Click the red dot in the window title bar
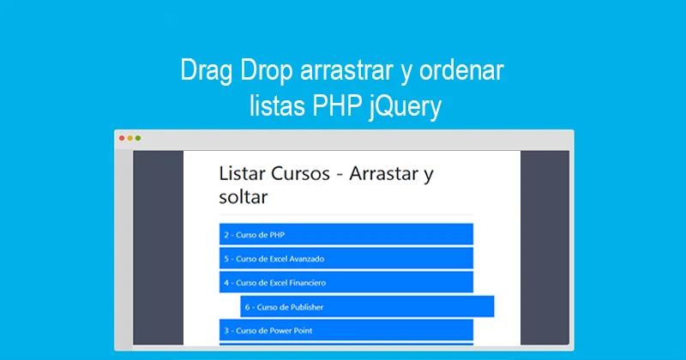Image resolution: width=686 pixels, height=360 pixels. click(x=122, y=138)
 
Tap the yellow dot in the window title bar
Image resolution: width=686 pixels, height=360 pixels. click(x=129, y=138)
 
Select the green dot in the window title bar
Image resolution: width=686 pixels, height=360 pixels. click(x=137, y=138)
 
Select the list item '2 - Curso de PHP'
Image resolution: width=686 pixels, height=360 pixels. click(x=346, y=234)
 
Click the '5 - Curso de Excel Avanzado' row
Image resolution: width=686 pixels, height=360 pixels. click(x=346, y=258)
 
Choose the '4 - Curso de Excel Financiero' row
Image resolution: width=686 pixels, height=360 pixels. click(x=346, y=282)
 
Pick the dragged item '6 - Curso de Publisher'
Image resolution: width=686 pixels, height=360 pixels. click(x=367, y=306)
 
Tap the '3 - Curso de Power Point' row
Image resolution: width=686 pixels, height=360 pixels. click(x=346, y=330)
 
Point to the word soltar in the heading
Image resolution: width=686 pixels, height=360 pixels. click(x=244, y=197)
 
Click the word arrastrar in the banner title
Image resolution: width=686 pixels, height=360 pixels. click(x=347, y=72)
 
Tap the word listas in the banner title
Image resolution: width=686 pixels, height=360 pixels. click(x=271, y=108)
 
